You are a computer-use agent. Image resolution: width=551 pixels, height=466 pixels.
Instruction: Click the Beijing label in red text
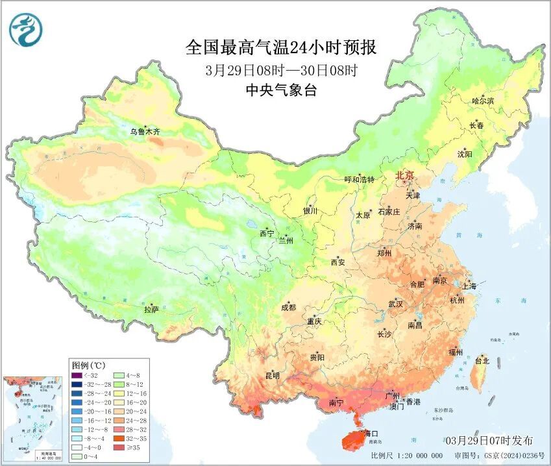pos(409,176)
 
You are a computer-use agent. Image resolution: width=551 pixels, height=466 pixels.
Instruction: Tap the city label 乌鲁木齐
pos(144,132)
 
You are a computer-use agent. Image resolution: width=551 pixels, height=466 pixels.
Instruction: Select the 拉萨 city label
pos(152,310)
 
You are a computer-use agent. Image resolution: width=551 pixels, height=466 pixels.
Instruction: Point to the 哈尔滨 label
pos(483,101)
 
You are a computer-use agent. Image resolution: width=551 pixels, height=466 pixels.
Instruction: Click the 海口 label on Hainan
pos(371,433)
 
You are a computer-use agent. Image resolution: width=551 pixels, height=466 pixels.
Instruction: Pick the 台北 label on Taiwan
pos(482,360)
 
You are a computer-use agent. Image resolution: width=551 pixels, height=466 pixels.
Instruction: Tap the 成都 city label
pos(289,308)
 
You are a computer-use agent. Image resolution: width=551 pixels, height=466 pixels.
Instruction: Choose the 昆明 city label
pos(272,376)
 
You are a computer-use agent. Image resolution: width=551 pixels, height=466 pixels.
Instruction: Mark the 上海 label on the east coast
pos(468,286)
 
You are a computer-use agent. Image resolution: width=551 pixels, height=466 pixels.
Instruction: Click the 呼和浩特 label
pos(360,180)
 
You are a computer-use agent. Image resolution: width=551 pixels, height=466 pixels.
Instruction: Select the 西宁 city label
pos(267,233)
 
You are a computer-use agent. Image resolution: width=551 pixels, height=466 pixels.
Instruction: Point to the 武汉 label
pos(395,304)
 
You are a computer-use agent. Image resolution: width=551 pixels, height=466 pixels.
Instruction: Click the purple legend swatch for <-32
pos(77,375)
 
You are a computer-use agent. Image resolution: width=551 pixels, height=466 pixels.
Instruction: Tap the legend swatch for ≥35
pos(119,448)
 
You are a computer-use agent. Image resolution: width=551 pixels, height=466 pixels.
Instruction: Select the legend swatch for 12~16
pos(119,393)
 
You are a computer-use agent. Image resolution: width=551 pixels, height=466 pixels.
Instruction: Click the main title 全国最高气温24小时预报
pos(280,47)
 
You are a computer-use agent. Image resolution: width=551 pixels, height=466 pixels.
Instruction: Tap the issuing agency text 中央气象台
pos(281,91)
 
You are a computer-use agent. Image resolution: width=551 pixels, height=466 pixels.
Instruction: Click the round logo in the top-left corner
pos(24,30)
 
